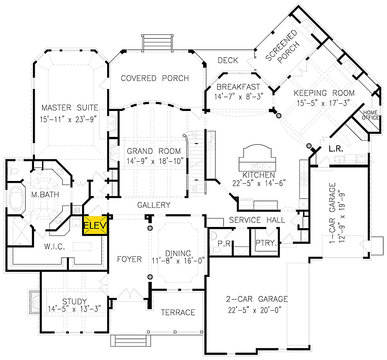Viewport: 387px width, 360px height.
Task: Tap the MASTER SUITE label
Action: (x=70, y=107)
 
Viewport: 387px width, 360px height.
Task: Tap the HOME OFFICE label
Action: (x=370, y=115)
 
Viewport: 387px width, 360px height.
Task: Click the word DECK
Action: (x=228, y=60)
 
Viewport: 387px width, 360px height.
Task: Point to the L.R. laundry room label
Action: (x=334, y=148)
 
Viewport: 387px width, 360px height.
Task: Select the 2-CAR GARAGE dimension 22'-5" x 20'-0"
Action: (x=257, y=310)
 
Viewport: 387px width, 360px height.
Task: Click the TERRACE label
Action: (x=178, y=312)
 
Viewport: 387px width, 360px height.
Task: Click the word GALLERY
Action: (x=154, y=205)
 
